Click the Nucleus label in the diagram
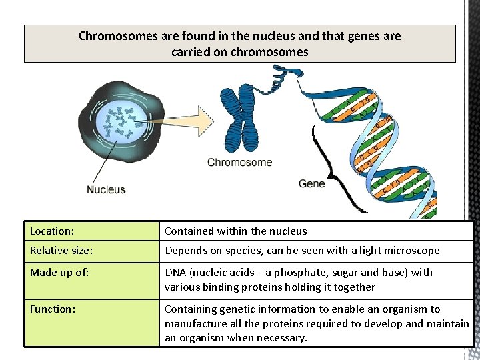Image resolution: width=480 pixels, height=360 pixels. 106,189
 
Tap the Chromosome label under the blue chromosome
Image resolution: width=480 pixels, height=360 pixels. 239,162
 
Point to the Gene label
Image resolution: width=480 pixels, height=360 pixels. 312,183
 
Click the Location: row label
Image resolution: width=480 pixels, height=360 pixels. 52,231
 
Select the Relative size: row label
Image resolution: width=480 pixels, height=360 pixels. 61,251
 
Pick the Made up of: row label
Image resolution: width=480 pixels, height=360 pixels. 58,273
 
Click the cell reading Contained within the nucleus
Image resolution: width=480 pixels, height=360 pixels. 236,231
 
